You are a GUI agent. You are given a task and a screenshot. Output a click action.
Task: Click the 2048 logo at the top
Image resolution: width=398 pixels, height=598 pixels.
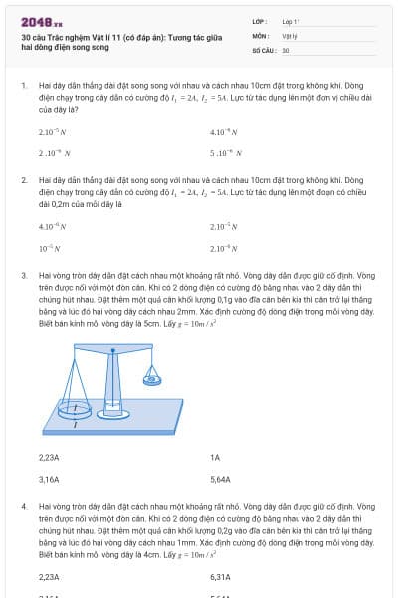[41, 20]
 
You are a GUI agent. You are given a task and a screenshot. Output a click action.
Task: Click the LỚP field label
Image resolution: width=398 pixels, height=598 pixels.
[259, 20]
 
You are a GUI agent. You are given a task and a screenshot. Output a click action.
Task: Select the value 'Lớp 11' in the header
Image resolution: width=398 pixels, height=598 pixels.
[291, 20]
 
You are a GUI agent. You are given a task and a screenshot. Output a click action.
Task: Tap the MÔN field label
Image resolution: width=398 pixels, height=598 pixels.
[260, 34]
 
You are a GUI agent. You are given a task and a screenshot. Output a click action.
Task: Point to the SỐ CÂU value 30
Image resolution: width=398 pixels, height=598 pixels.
[286, 49]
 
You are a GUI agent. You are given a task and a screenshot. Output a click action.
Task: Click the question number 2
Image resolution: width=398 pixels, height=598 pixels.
[23, 180]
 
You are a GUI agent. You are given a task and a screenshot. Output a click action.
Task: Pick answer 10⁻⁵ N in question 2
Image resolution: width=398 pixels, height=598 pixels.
[48, 247]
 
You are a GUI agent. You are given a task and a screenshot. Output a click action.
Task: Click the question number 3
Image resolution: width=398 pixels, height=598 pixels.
[23, 274]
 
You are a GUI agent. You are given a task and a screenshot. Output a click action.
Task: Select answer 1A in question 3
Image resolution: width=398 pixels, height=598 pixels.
[215, 457]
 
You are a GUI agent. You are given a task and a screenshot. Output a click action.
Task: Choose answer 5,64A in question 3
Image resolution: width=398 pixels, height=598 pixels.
[220, 479]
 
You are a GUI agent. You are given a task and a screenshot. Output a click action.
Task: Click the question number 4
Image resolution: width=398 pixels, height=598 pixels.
[23, 506]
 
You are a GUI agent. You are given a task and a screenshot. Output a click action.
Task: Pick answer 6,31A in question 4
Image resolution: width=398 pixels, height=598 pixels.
[220, 577]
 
